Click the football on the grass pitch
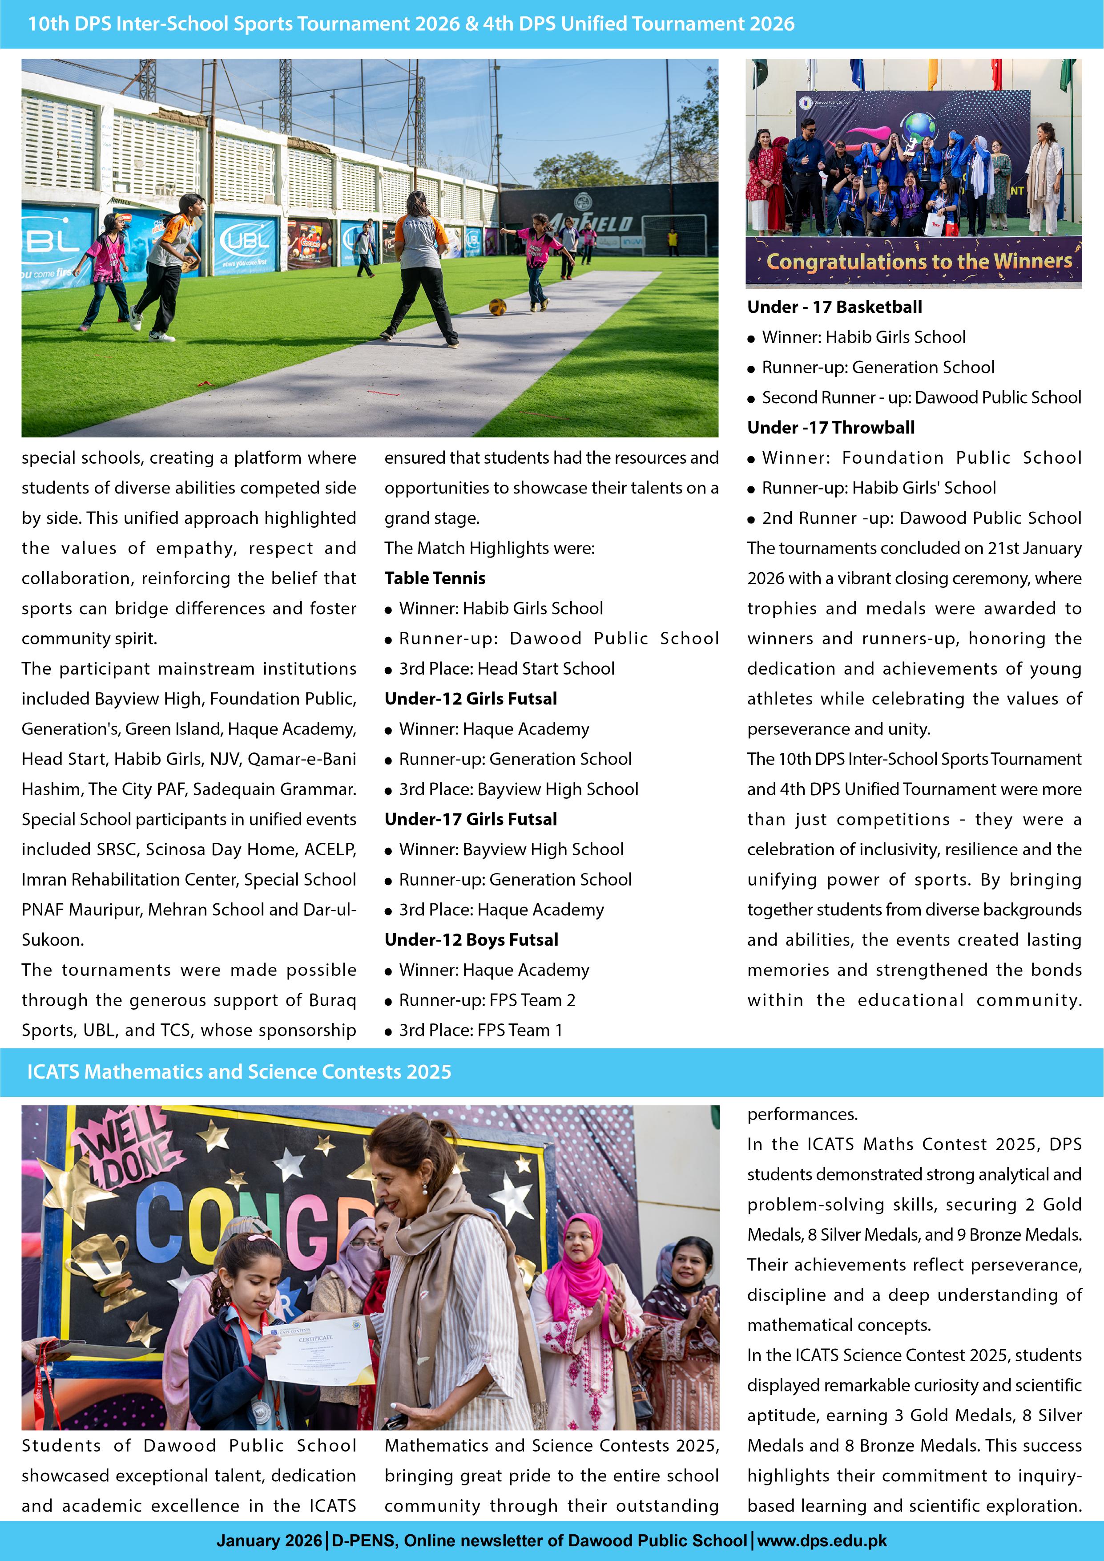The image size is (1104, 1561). click(x=498, y=307)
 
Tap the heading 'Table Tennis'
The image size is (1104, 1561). click(x=435, y=578)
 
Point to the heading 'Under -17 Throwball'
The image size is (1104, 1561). click(x=831, y=427)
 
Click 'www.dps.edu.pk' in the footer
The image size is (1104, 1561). click(x=822, y=1541)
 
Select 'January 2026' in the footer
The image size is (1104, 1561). click(x=269, y=1541)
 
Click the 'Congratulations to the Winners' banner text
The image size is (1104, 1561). click(x=919, y=261)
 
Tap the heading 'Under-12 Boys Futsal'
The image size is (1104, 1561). click(x=471, y=940)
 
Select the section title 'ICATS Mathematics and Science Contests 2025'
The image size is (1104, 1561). click(x=239, y=1072)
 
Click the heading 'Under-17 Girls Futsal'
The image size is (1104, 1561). click(x=471, y=819)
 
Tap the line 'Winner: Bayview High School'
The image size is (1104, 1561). click(x=511, y=849)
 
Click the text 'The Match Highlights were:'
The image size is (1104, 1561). click(x=489, y=548)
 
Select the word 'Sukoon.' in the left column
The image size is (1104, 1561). click(x=53, y=940)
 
